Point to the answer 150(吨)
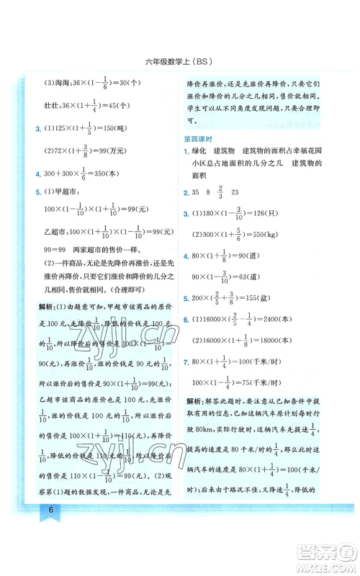pyautogui.click(x=141, y=130)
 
